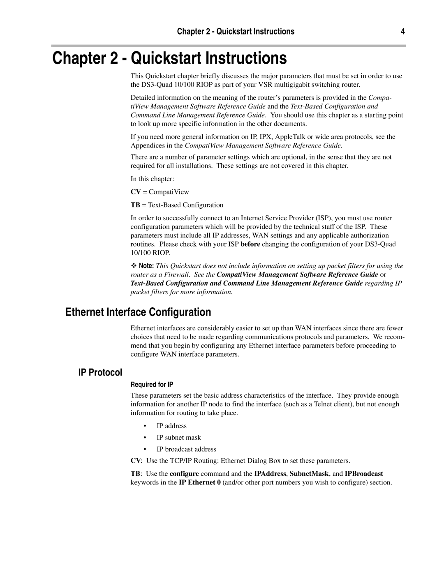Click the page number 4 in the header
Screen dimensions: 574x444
tap(403, 32)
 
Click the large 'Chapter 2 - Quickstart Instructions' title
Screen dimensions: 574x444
tap(169, 58)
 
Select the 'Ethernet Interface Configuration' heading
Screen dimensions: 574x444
tap(138, 312)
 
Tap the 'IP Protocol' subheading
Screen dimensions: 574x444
tap(100, 373)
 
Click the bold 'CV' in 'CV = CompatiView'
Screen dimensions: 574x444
tap(135, 192)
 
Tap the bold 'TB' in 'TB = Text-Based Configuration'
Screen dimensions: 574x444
tap(135, 205)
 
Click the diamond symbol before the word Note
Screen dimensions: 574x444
tap(133, 266)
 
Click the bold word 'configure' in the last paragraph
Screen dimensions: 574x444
tap(184, 474)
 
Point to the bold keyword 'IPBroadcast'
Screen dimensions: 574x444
tap(364, 474)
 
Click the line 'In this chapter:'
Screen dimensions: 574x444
tap(152, 179)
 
